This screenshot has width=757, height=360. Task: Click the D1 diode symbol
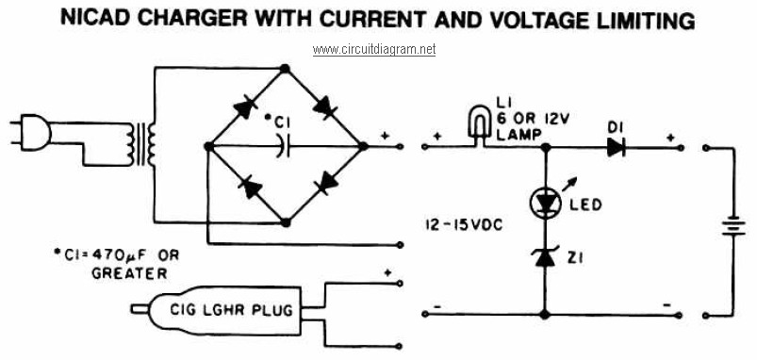point(616,147)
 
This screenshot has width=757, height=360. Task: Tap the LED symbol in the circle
point(546,204)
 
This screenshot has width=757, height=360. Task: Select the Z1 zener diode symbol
point(546,257)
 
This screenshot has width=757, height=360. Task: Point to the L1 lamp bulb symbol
point(479,124)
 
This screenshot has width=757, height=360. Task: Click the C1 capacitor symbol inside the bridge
point(283,146)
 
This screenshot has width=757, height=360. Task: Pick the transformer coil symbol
point(141,144)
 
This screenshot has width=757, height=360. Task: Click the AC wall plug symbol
point(30,132)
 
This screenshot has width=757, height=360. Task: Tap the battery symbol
point(733,225)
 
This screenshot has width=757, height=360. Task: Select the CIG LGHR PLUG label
point(231,310)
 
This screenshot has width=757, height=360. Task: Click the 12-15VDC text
point(464,225)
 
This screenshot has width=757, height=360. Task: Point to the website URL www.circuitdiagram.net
point(374,50)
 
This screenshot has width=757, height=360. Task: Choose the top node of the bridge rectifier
point(286,69)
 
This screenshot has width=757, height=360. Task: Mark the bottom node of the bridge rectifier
point(286,222)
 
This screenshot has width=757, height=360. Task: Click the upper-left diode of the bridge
point(244,108)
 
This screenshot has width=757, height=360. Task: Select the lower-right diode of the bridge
point(326,183)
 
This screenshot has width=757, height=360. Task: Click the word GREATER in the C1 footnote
point(129,273)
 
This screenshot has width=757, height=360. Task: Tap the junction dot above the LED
point(546,147)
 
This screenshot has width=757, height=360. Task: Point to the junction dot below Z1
point(545,315)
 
